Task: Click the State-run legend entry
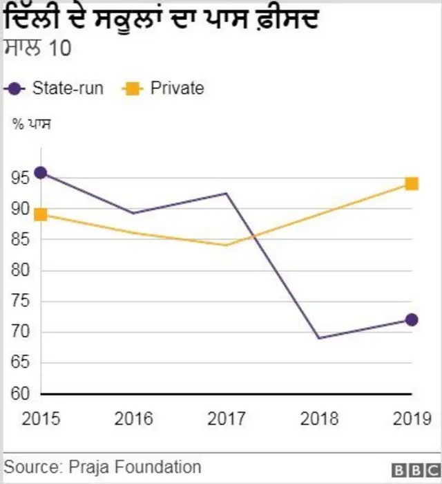[55, 89]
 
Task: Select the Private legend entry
[164, 89]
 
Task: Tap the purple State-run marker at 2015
[41, 173]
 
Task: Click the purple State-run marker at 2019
[412, 319]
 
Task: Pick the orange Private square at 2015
[41, 214]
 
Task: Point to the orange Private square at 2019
[412, 184]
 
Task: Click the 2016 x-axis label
[134, 419]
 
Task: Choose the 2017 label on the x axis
[227, 419]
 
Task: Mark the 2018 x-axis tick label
[319, 419]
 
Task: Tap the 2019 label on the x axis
[412, 419]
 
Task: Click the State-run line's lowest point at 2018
[319, 338]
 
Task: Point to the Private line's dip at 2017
[227, 245]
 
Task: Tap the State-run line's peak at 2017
[227, 193]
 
